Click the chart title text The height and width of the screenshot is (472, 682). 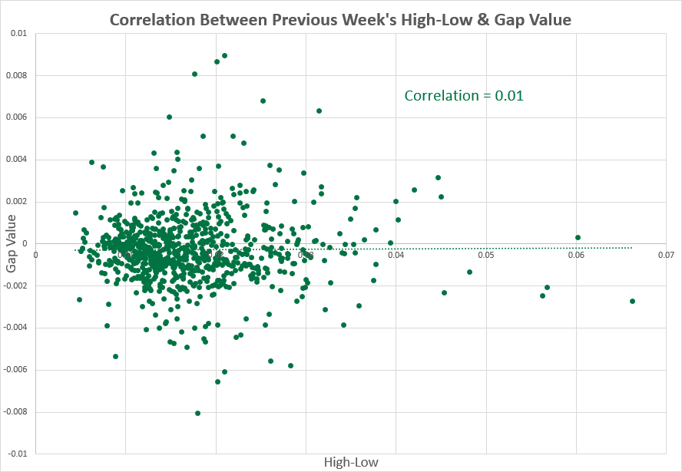340,19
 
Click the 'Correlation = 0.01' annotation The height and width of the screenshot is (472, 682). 464,96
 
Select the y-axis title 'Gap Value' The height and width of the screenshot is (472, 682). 13,244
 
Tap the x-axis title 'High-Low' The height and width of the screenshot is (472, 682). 352,462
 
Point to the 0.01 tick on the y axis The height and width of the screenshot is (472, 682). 19,34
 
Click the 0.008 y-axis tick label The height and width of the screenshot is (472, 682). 16,76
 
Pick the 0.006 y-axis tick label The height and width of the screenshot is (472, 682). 16,117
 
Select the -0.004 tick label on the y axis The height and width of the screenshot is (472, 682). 15,328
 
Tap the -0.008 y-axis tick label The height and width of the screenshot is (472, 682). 15,412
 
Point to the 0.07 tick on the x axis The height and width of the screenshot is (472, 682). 665,255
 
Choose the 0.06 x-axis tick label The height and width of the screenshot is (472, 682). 575,255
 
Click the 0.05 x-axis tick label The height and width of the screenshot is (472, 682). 485,255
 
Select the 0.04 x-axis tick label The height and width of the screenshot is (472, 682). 396,255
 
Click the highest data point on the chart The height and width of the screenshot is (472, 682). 224,55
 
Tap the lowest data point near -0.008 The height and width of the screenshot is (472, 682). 197,413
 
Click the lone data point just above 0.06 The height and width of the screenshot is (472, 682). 578,238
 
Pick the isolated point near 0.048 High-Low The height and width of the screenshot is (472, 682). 469,272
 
